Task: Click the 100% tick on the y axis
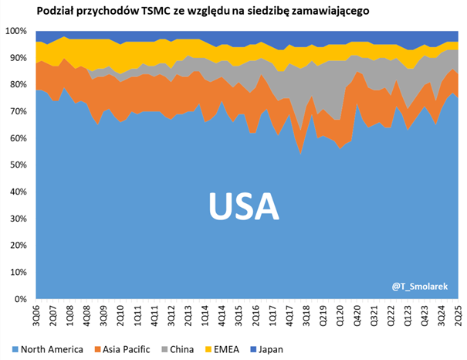tap(17, 31)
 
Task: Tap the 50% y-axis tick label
tap(19, 165)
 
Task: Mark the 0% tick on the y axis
tap(22, 298)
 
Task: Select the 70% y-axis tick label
tap(19, 111)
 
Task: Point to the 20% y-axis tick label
tap(19, 245)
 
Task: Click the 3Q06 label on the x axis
tap(36, 314)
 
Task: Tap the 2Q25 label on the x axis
tap(458, 314)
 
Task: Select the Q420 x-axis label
tap(356, 314)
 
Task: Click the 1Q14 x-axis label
tap(205, 314)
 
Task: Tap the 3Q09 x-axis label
tap(103, 314)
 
